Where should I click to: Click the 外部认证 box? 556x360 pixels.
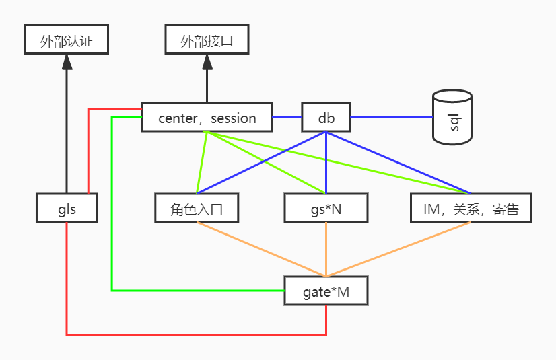point(66,40)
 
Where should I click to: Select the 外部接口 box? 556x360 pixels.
point(207,40)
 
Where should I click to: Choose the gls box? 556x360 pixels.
point(67,208)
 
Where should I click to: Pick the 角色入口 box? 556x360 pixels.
point(197,208)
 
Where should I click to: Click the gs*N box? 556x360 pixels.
point(326,208)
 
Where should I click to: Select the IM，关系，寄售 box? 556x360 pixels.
point(471,208)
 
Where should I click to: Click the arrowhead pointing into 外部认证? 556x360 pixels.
point(66,63)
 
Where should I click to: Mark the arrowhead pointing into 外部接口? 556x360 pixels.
point(207,63)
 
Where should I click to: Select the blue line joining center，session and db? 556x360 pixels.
point(287,117)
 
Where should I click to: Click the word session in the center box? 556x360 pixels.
point(233,118)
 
